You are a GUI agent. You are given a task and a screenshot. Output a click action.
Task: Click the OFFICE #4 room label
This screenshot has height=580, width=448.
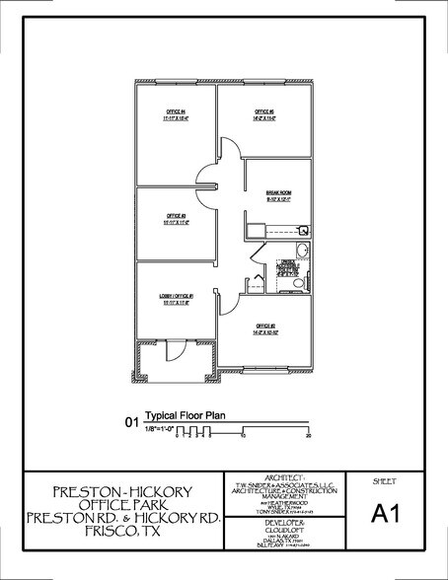175,111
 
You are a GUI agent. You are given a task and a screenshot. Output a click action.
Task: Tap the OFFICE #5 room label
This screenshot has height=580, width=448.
263,111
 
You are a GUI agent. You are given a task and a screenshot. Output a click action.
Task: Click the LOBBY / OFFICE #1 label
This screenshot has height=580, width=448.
176,298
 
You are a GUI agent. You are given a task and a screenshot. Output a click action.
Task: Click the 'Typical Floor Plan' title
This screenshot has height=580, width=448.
186,416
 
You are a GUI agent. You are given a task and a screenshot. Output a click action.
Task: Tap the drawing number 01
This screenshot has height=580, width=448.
130,422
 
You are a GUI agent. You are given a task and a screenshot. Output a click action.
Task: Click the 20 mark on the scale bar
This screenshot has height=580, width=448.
309,434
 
